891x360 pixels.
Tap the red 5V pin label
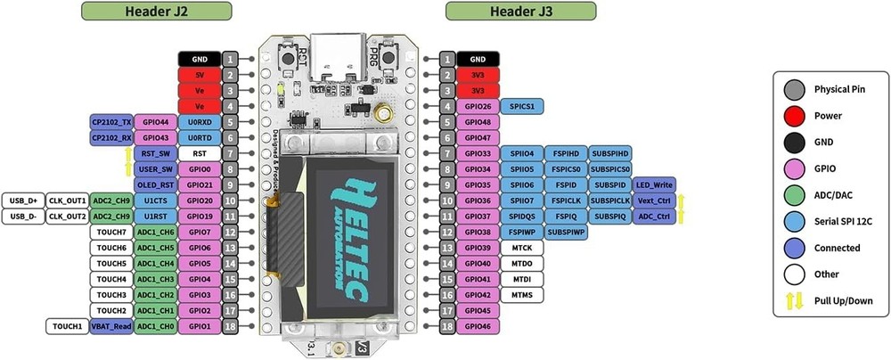200,75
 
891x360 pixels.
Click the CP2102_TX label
111,121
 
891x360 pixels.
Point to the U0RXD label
200,121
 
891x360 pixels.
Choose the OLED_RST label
155,184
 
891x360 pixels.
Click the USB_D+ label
21,200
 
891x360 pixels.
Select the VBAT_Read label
110,327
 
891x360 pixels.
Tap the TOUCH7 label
110,232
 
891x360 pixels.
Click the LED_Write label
654,185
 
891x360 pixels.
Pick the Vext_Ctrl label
654,200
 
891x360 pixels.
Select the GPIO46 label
478,327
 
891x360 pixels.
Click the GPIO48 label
478,122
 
